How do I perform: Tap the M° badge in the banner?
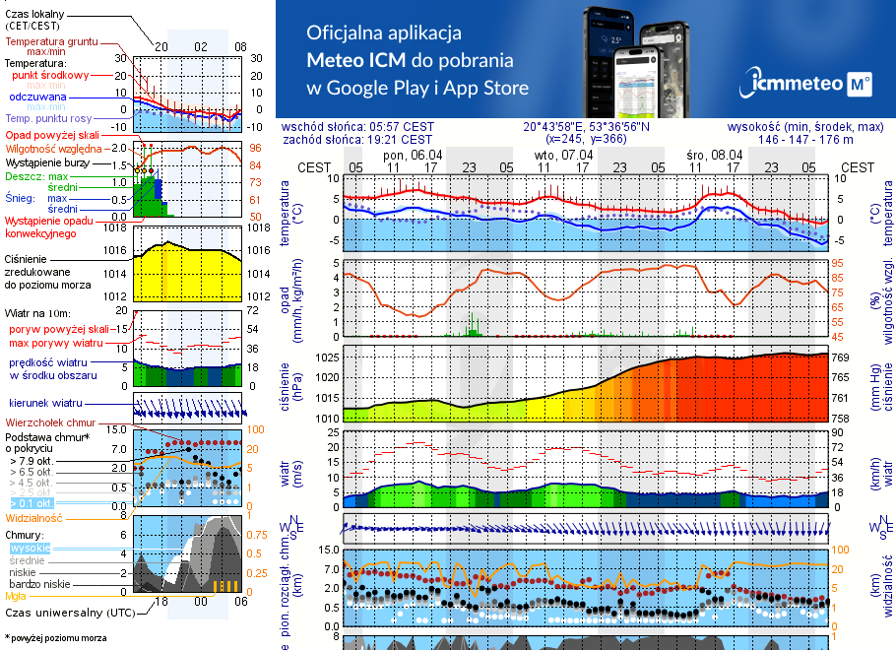(x=859, y=86)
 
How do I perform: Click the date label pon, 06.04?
(x=413, y=155)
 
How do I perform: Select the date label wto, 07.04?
(x=564, y=155)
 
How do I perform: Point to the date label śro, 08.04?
(x=715, y=155)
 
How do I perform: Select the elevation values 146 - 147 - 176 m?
(x=806, y=140)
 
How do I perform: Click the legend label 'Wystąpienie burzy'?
(x=46, y=162)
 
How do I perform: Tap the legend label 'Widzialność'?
(x=34, y=517)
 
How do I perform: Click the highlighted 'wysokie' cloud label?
(x=30, y=548)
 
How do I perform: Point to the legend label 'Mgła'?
(x=16, y=596)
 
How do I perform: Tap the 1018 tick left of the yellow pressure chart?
(x=117, y=227)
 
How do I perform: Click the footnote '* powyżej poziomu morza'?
(x=57, y=638)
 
